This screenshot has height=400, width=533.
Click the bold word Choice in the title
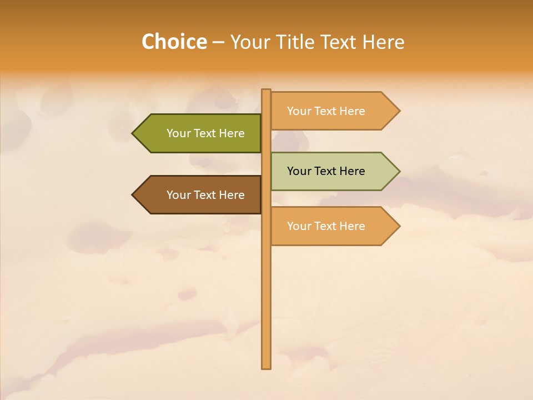point(174,42)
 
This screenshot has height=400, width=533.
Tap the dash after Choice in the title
point(218,43)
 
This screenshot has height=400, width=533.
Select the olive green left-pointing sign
point(200,133)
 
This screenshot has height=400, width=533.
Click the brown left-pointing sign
point(200,195)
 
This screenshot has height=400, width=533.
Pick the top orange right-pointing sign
point(330,111)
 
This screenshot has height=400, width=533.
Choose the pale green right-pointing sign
point(330,171)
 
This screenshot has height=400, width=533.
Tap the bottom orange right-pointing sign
point(330,226)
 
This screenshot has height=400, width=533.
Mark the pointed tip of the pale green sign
point(399,171)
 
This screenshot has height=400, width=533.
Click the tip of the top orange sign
point(399,111)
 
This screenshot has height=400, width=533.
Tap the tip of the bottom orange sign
point(399,226)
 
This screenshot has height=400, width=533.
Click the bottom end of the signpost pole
point(266,367)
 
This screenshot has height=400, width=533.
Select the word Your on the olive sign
point(179,133)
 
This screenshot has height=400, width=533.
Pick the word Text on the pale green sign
point(326,171)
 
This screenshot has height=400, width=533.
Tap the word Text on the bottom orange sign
point(326,226)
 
